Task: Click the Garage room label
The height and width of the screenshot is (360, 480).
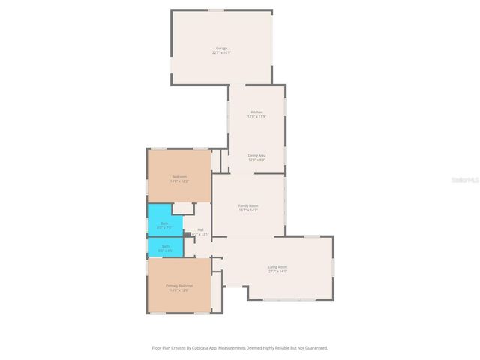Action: [221, 48]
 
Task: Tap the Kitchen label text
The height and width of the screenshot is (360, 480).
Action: [256, 112]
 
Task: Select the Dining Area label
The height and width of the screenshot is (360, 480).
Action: [256, 155]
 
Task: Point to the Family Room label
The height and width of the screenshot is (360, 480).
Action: [248, 205]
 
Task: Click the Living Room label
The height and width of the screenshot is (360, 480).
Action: [277, 266]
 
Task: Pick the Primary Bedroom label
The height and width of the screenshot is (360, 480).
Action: [179, 286]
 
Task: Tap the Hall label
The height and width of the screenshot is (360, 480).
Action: [200, 229]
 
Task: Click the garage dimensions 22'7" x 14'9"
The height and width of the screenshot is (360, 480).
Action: [221, 52]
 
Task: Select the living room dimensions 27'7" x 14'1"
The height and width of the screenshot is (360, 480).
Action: [277, 271]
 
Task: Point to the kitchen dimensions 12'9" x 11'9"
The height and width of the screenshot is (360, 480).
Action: [256, 116]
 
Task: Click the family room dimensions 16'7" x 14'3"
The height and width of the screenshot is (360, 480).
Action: [248, 210]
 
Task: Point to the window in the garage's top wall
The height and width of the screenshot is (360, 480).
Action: [216, 10]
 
